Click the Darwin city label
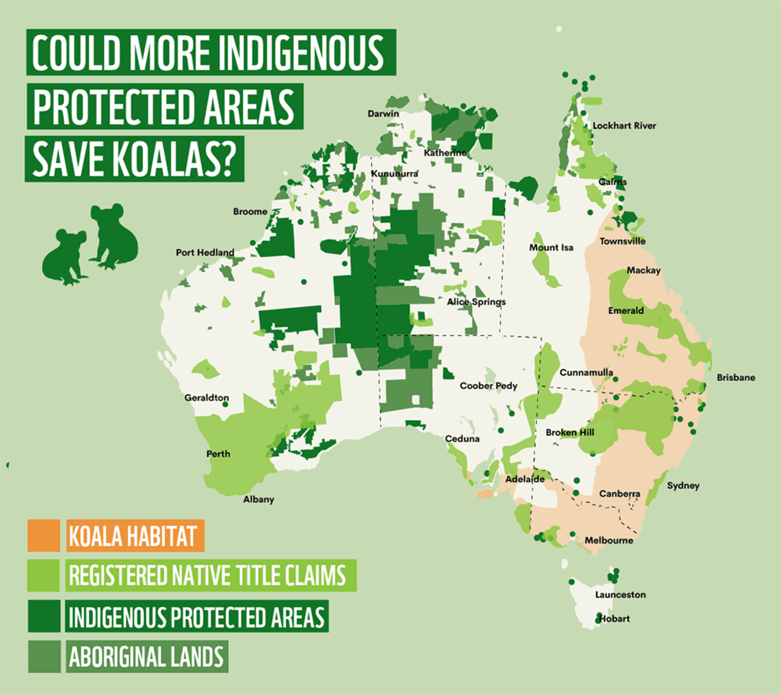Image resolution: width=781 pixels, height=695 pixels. point(383,114)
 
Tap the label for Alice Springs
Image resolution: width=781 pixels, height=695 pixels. point(476,302)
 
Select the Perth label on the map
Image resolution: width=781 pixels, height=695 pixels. point(218,454)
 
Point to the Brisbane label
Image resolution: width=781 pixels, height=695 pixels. point(736,378)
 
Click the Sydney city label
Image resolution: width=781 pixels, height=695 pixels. point(683,485)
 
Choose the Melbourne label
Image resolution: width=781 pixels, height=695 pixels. point(609,540)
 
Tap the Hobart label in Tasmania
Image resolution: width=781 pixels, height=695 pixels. point(614,619)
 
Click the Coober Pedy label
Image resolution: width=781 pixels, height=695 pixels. point(488,385)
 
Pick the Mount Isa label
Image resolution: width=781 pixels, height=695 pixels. point(551,248)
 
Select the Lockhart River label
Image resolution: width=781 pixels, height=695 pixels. point(624,126)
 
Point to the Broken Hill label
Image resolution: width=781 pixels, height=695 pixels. point(570,432)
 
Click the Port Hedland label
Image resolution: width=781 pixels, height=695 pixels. point(205,253)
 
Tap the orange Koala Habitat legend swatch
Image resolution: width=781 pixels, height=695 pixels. point(44,535)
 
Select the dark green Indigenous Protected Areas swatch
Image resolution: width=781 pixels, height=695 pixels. point(44,616)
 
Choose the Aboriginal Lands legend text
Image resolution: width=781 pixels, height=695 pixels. point(146,657)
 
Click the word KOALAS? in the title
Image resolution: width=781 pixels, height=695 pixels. point(173,160)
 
